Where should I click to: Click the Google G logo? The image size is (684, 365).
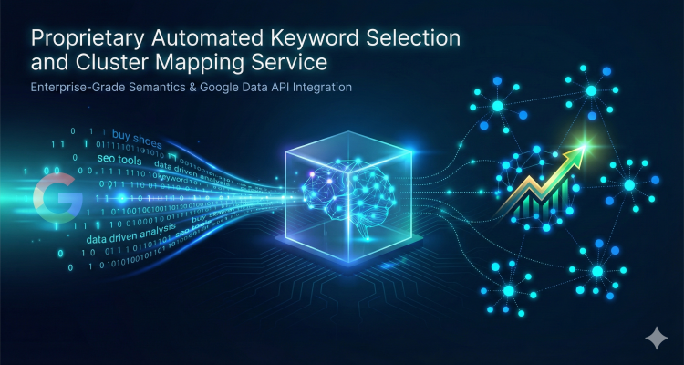click(x=54, y=199)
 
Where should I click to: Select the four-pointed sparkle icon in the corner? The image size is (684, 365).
click(x=655, y=339)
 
